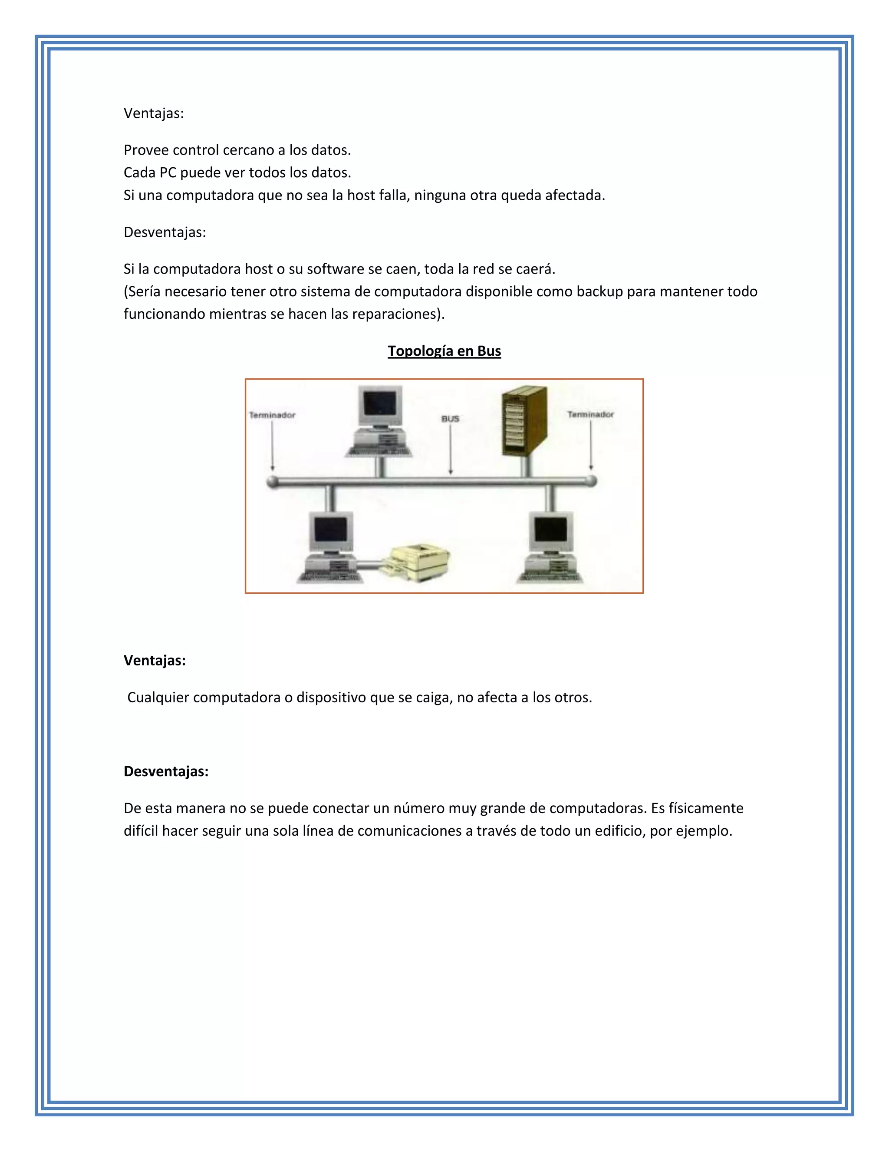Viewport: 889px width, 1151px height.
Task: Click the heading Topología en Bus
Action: pos(444,351)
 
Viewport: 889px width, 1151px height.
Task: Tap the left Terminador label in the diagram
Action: pos(272,415)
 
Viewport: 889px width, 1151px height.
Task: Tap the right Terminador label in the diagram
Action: pos(590,415)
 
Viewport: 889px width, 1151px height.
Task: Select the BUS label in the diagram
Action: pos(450,419)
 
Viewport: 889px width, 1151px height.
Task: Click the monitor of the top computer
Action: pos(380,406)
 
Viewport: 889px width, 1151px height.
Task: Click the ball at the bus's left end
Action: pos(272,481)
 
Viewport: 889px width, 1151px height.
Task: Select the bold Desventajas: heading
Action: pos(166,771)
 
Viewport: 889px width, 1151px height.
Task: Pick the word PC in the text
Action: pos(168,173)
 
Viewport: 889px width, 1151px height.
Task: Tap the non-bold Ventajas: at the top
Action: pos(154,113)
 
